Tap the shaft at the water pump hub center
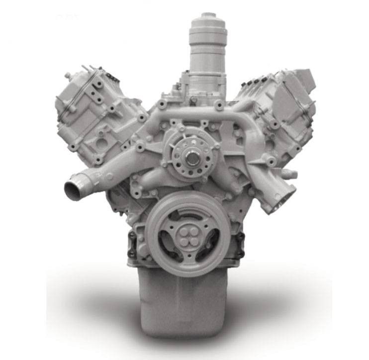(x=192, y=160)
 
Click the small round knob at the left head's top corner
(x=67, y=76)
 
